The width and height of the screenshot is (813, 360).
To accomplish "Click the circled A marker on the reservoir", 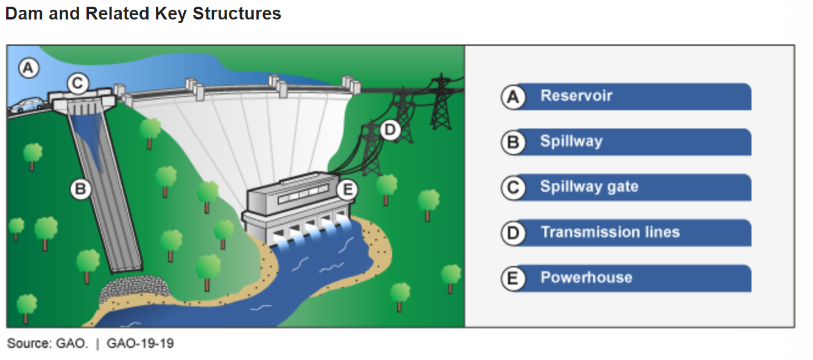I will [x=27, y=68].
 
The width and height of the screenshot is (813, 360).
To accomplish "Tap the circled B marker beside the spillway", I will [x=80, y=189].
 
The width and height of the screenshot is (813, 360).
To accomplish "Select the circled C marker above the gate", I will [x=78, y=83].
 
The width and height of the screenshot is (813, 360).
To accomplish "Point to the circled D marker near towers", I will [x=390, y=129].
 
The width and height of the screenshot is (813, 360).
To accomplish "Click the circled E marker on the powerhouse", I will [x=347, y=190].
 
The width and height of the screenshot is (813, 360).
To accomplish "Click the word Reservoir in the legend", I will [x=576, y=96].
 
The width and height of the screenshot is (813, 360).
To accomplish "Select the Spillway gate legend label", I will [x=589, y=186].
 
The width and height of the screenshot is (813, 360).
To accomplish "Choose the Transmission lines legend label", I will [x=610, y=232].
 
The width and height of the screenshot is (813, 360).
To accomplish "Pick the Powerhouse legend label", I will [x=586, y=278].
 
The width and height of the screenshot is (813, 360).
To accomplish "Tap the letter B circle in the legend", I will [x=513, y=143].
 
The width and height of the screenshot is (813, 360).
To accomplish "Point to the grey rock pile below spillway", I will [x=135, y=288].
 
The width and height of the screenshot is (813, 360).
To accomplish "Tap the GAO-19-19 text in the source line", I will [x=140, y=344].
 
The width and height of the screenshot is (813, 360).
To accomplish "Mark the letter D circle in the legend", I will [x=513, y=233].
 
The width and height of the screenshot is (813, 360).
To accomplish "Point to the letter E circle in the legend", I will [x=513, y=279].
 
